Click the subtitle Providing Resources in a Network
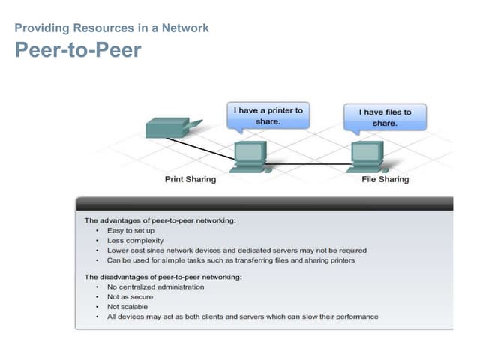tap(112, 28)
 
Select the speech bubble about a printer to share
tap(268, 116)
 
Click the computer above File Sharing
tap(366, 156)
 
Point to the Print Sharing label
tap(190, 180)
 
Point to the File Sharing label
tap(385, 180)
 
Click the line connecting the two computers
tap(307, 164)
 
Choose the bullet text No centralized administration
tap(156, 287)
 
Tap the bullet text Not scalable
tap(127, 307)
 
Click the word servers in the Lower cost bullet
tap(297, 250)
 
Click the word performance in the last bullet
tap(358, 316)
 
